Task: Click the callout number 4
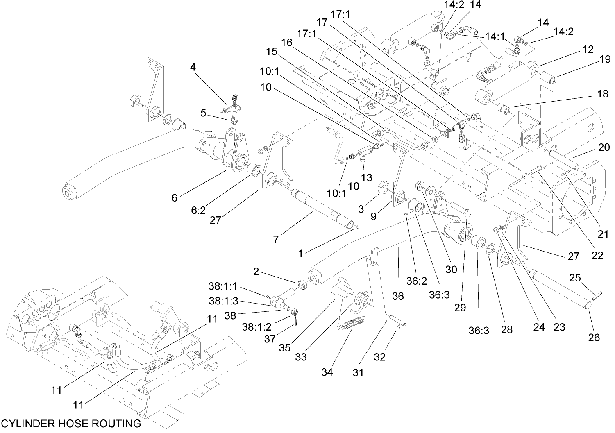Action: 193,66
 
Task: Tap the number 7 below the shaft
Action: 276,240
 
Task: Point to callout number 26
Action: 594,337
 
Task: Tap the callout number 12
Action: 588,50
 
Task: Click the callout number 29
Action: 460,307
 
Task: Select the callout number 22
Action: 597,255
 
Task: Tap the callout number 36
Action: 397,296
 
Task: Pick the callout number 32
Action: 380,357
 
